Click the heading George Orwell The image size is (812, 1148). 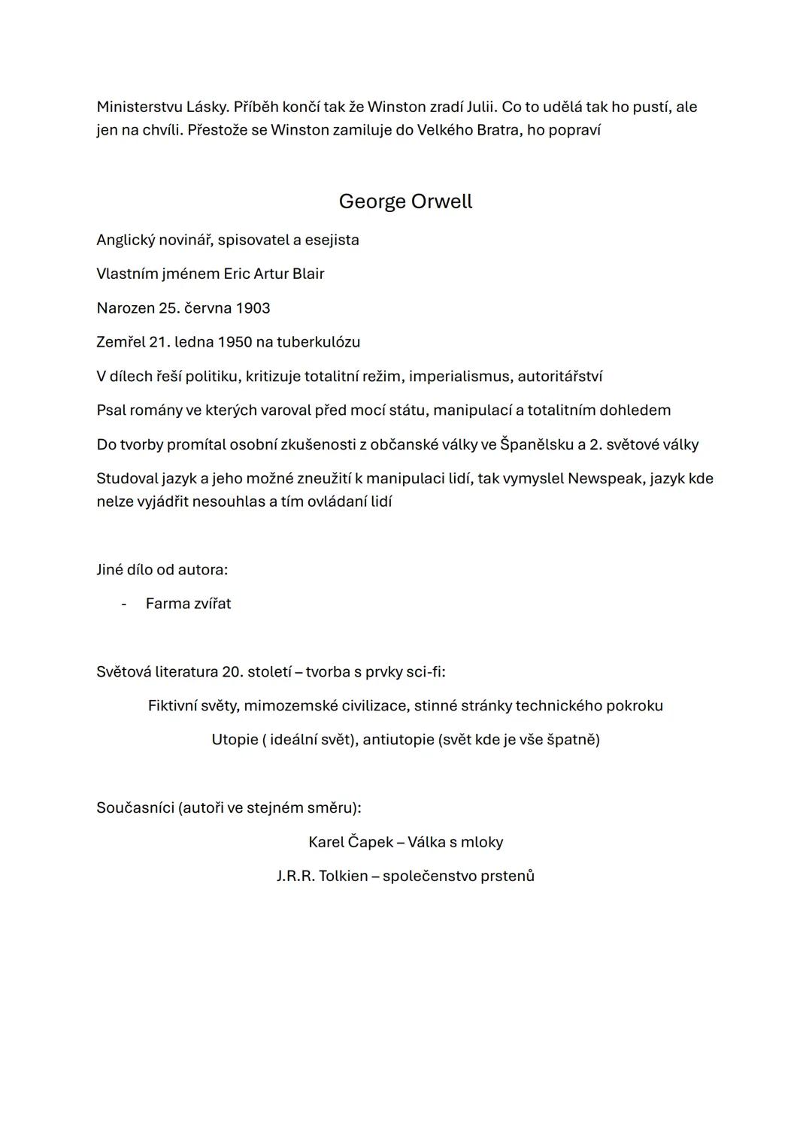click(405, 201)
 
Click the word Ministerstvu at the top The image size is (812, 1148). click(139, 107)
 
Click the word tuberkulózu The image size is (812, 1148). click(318, 342)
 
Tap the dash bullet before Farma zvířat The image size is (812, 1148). click(124, 604)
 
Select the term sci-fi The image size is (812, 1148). click(425, 671)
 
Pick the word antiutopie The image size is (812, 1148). click(397, 740)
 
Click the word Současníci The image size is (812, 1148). click(135, 808)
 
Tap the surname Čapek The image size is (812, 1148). click(371, 842)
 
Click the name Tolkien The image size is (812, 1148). click(343, 876)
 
